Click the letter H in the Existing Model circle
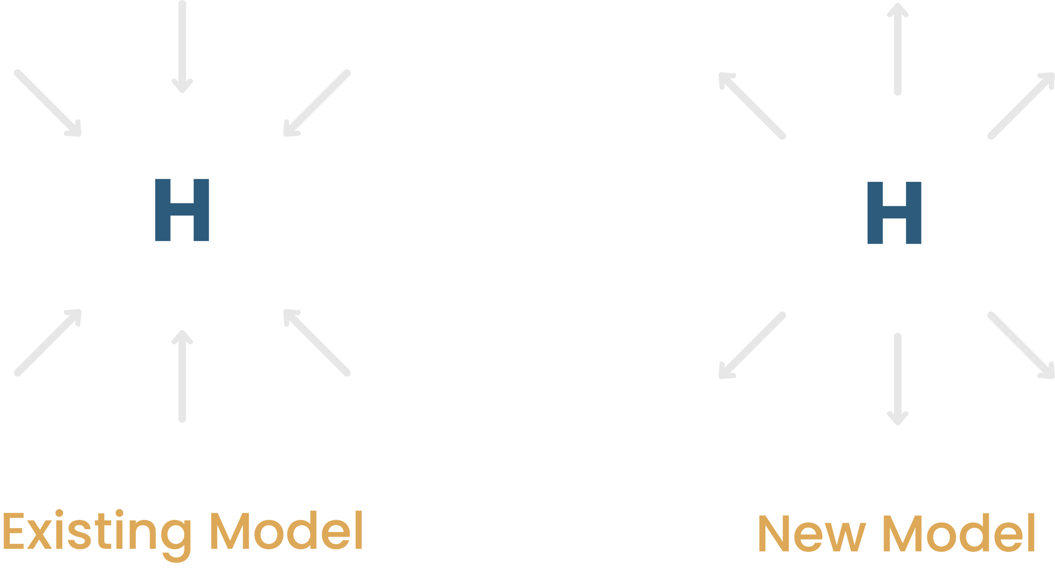click(182, 210)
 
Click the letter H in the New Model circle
click(894, 213)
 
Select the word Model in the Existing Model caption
click(286, 531)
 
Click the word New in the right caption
click(811, 533)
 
